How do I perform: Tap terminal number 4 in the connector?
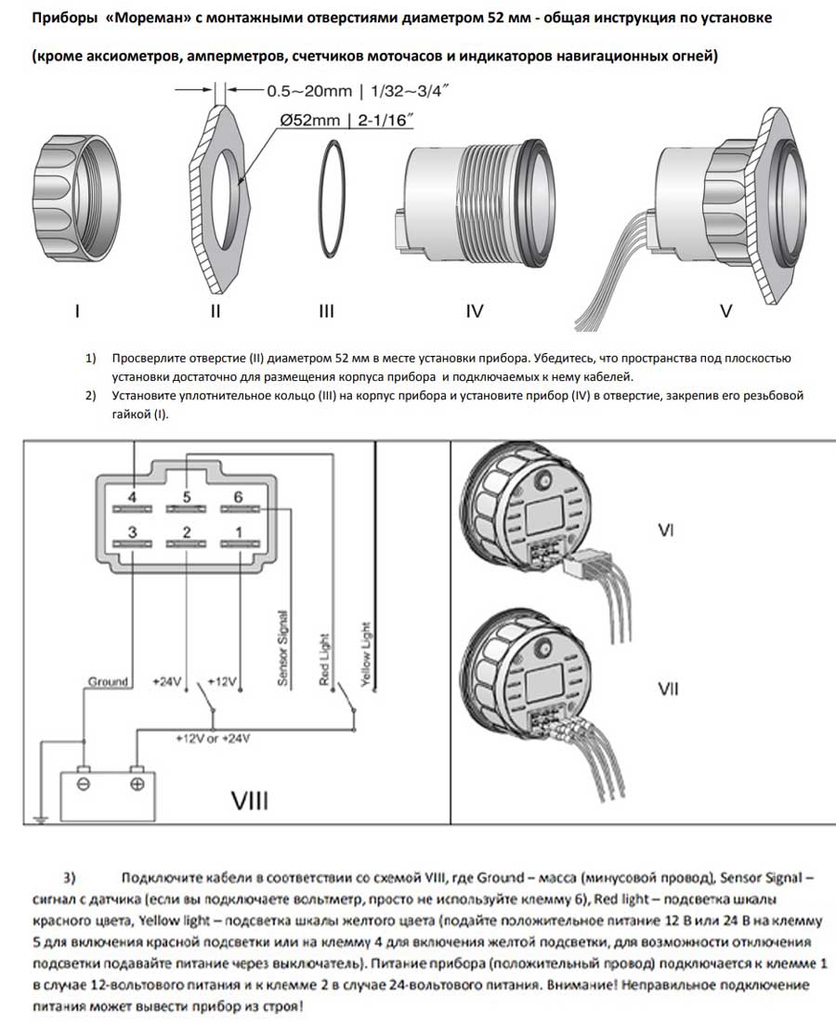(x=132, y=498)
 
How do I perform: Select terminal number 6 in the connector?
(x=238, y=498)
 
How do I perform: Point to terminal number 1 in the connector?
(x=238, y=531)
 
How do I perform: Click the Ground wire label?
(x=108, y=682)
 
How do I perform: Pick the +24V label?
(x=167, y=682)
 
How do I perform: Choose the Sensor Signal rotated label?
(x=282, y=649)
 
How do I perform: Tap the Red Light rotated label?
(x=324, y=661)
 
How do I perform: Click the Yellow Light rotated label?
(x=365, y=655)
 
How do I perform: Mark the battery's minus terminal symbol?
(x=83, y=785)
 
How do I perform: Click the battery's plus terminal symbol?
(x=137, y=785)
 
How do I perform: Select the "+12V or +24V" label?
(x=212, y=740)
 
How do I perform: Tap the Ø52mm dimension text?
(x=319, y=119)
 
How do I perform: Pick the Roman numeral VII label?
(x=667, y=688)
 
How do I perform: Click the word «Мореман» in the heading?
(x=152, y=19)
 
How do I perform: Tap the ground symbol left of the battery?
(x=39, y=818)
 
